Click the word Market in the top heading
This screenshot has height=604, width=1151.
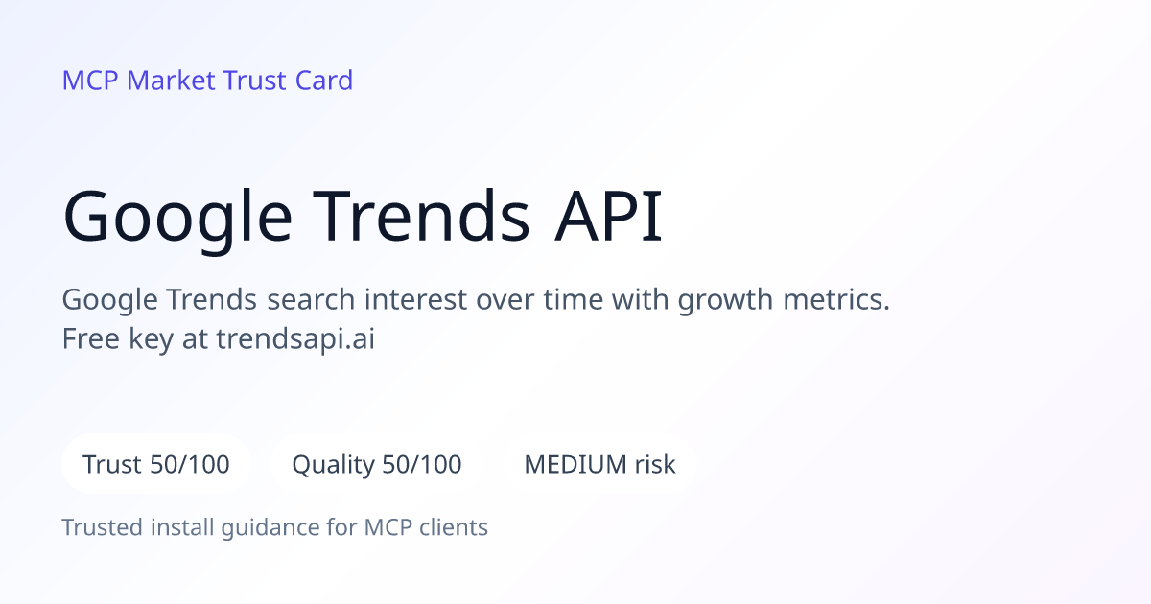click(x=171, y=81)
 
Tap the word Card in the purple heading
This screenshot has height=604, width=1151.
click(x=324, y=81)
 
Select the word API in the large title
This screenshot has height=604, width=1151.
click(x=609, y=216)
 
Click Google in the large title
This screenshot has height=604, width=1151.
click(x=177, y=220)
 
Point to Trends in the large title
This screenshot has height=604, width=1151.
click(x=421, y=216)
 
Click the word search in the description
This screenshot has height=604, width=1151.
click(x=311, y=299)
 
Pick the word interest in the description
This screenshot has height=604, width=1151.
click(x=415, y=299)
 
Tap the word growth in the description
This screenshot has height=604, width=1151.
click(x=725, y=301)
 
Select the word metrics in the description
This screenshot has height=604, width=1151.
click(x=836, y=299)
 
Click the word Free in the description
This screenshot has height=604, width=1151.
click(x=90, y=338)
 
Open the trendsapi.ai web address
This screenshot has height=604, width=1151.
click(x=295, y=340)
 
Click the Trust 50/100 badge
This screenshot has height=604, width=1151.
click(x=156, y=464)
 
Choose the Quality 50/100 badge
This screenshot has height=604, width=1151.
click(x=377, y=464)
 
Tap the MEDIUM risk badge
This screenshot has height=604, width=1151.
click(x=599, y=464)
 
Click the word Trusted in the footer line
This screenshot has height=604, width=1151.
click(x=103, y=527)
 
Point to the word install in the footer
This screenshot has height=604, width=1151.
click(x=182, y=527)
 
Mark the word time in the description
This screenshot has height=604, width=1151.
click(x=573, y=299)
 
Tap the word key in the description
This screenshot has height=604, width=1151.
click(x=151, y=340)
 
